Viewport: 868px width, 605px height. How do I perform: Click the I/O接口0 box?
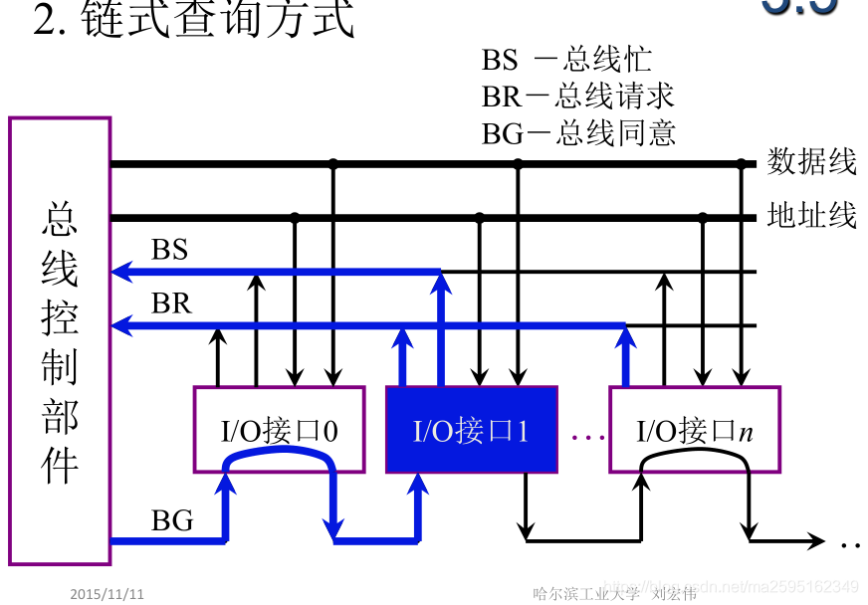click(x=279, y=430)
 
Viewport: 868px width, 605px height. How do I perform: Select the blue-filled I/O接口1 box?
click(x=471, y=430)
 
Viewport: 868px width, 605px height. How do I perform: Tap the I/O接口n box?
click(x=694, y=430)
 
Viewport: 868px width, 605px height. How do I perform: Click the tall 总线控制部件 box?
click(x=60, y=341)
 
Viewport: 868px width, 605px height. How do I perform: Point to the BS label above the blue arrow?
click(x=169, y=250)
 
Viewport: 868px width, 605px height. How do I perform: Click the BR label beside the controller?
click(x=170, y=303)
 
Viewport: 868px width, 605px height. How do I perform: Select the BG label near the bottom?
click(x=171, y=520)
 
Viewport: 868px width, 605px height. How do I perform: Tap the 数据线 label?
click(x=811, y=162)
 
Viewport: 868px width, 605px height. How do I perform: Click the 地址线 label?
click(x=811, y=216)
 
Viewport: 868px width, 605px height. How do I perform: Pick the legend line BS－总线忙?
click(x=566, y=60)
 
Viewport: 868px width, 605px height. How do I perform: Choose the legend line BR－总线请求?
click(x=578, y=97)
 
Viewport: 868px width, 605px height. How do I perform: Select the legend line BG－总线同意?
click(x=578, y=132)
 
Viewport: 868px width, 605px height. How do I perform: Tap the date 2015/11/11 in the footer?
click(x=108, y=594)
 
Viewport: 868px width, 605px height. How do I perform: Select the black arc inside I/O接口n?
click(x=694, y=456)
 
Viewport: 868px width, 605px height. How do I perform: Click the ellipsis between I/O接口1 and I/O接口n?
click(x=588, y=436)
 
